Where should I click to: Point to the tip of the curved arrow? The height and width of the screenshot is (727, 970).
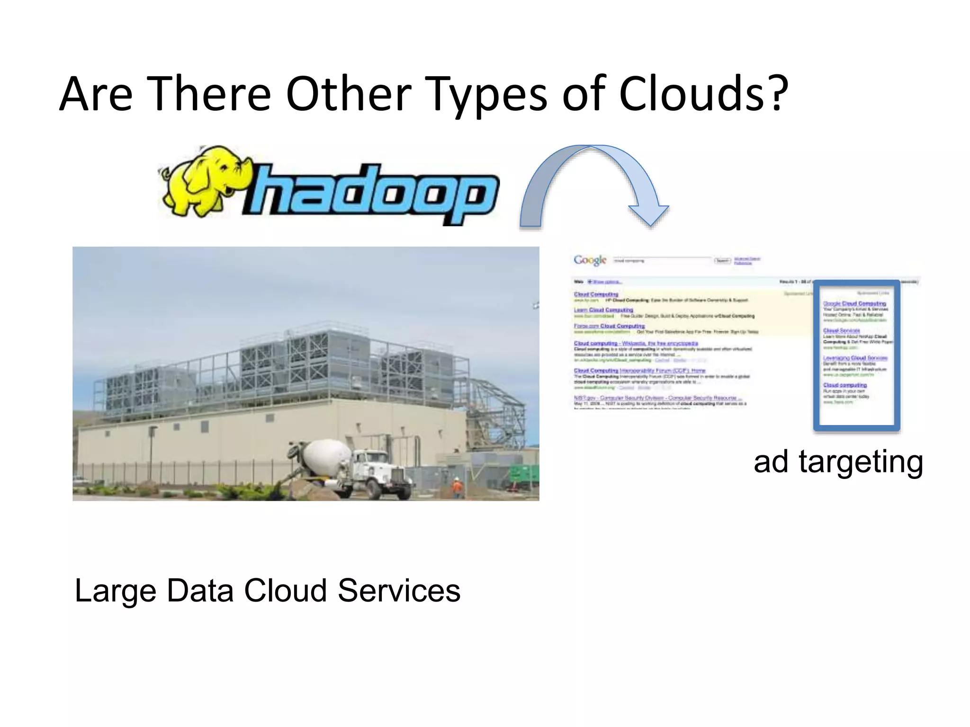click(650, 224)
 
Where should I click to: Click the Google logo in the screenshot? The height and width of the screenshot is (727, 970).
click(590, 260)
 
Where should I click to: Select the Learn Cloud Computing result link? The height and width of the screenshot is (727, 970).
click(603, 310)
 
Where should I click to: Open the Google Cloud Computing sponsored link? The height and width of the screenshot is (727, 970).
click(854, 303)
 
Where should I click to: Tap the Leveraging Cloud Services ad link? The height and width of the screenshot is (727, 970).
click(855, 358)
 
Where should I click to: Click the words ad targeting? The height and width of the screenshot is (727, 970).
click(838, 461)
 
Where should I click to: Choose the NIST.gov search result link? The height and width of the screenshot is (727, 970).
click(658, 398)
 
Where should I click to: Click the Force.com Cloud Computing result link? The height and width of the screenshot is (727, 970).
click(609, 326)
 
